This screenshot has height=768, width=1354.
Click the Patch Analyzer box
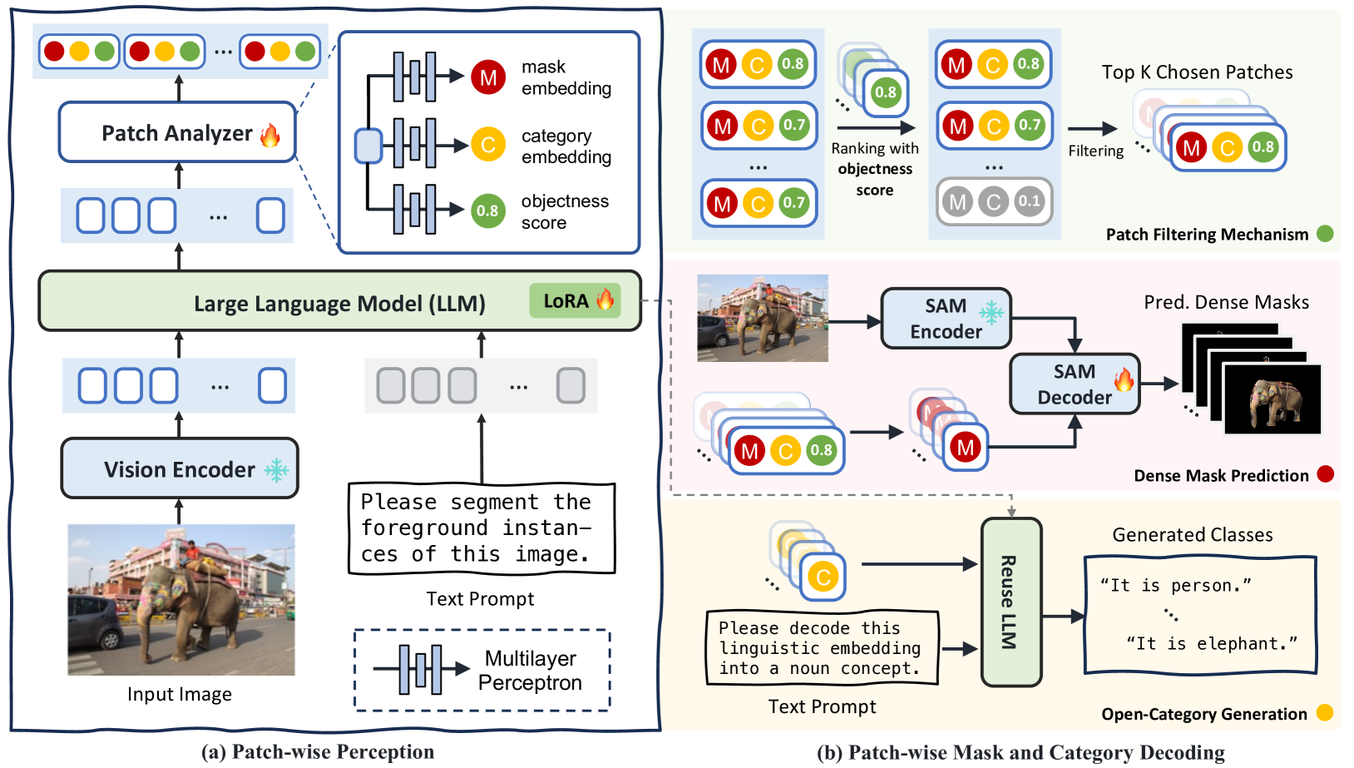point(177,132)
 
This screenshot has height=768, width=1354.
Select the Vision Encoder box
point(180,469)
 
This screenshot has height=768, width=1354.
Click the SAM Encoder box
point(946,319)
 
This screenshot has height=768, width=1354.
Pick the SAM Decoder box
point(1074,384)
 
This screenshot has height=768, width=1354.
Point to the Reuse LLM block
point(1011,602)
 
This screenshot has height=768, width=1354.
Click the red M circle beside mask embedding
point(488,77)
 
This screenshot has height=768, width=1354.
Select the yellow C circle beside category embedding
point(488,145)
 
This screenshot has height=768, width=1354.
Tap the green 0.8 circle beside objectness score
point(488,211)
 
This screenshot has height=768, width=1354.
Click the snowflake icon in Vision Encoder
point(277,470)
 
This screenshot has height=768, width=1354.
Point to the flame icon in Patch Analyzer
point(270,134)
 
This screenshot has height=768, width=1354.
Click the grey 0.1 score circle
point(1029,201)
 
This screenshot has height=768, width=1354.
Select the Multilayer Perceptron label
point(531,671)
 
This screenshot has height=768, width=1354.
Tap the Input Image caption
point(180,694)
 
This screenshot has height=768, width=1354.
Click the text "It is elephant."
point(1212,643)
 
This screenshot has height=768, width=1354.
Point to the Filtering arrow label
point(1095,151)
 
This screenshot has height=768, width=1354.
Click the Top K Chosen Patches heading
point(1197,72)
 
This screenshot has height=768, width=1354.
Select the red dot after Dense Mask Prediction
point(1326,474)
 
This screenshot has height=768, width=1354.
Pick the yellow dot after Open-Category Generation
point(1325,713)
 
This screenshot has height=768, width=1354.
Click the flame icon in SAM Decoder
point(1124,380)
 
